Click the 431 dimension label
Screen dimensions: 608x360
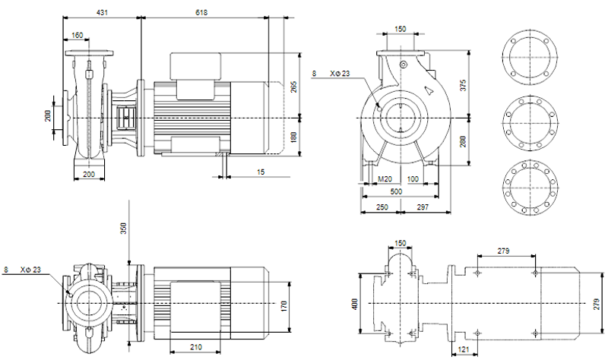[x=102, y=12]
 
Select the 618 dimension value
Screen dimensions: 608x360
[x=201, y=12]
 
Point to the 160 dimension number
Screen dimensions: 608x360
[x=78, y=35]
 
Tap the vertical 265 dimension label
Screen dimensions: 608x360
[x=293, y=87]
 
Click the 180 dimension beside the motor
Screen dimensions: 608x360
[x=293, y=137]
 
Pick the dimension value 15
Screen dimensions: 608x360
[x=261, y=172]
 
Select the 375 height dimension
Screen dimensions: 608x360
[x=463, y=85]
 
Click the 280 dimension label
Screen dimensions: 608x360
[x=463, y=141]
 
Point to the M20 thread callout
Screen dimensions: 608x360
[x=385, y=179]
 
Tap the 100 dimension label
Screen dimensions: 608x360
[x=413, y=179]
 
